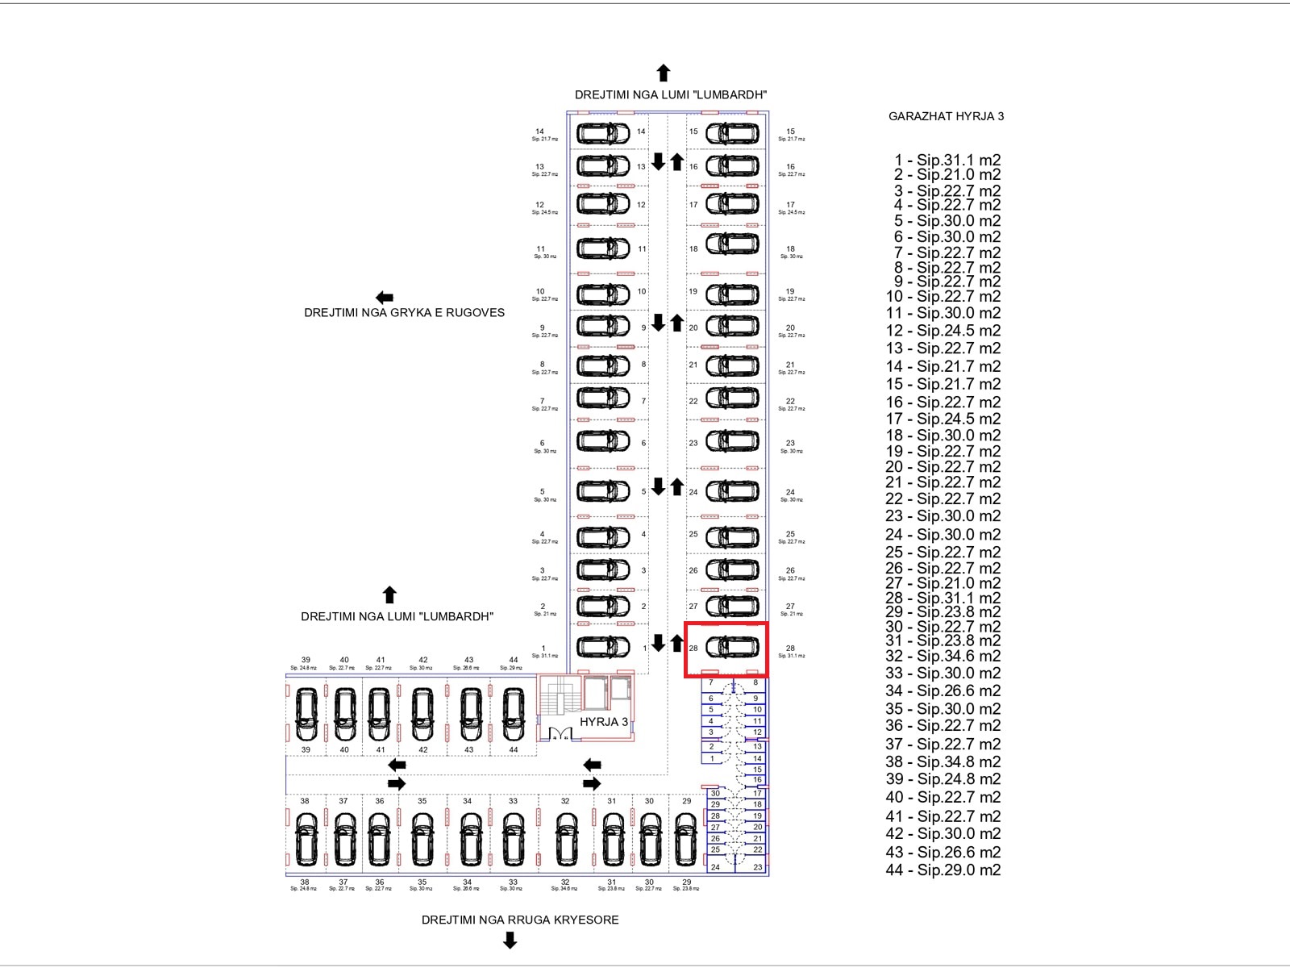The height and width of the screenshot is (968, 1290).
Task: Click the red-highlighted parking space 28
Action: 726,649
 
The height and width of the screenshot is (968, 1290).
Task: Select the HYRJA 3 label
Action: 603,722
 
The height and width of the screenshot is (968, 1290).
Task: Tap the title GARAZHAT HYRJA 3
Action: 946,116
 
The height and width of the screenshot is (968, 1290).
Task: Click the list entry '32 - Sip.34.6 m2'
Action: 943,656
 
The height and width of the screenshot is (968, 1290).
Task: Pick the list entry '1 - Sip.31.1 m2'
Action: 947,160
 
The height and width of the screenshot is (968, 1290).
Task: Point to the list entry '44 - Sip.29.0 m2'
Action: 943,870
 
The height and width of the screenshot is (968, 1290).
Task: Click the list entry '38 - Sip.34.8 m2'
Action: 943,761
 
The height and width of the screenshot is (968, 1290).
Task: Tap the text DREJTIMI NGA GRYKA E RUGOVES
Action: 404,313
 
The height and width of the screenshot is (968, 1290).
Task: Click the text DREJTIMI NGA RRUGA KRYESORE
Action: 520,920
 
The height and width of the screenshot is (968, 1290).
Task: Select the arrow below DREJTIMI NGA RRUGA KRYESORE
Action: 510,940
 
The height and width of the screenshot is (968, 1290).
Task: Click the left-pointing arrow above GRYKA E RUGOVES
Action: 385,298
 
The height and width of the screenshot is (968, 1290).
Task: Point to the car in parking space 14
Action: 602,132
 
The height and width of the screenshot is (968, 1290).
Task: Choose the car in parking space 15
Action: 732,132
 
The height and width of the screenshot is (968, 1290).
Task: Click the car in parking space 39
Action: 306,713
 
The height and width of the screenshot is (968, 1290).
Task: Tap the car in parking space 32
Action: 566,838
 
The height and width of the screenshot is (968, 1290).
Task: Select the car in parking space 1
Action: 602,647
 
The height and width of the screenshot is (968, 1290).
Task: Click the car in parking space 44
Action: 513,713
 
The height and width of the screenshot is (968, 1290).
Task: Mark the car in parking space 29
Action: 685,838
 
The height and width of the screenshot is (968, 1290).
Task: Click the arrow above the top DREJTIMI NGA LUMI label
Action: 664,73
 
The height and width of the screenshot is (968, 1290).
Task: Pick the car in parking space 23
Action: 732,441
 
